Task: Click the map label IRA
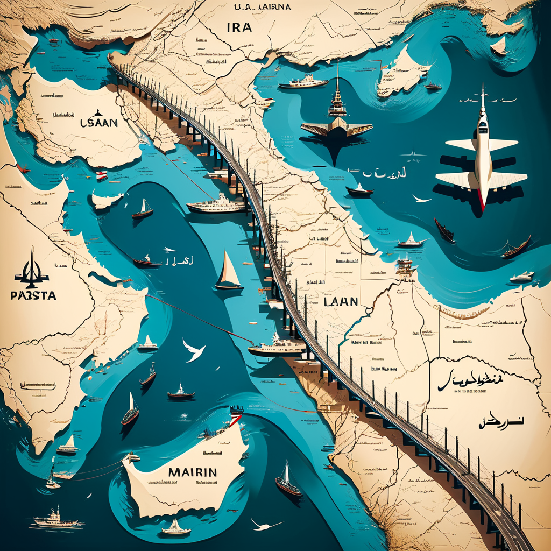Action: click(x=239, y=27)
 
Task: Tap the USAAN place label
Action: click(x=98, y=123)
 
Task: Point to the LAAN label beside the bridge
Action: click(x=341, y=301)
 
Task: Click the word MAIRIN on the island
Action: click(x=192, y=472)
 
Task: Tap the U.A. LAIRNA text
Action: click(x=263, y=8)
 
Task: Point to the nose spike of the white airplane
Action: click(x=483, y=94)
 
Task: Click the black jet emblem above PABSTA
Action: click(x=31, y=270)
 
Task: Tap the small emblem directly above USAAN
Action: click(x=98, y=113)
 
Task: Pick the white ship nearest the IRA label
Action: click(x=303, y=82)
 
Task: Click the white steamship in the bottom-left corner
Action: click(x=55, y=519)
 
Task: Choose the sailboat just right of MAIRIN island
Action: click(x=288, y=481)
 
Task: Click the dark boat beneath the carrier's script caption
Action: click(x=359, y=190)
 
